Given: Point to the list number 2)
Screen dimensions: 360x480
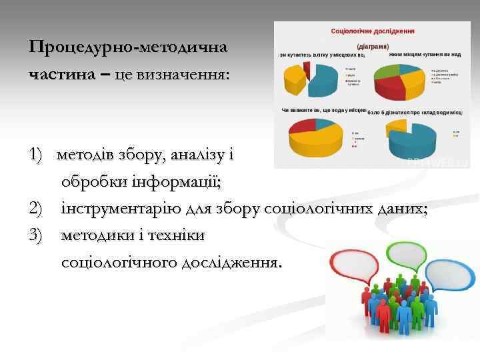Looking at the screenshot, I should pyautogui.click(x=39, y=209).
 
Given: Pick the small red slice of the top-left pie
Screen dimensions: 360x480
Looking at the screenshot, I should pyautogui.click(x=307, y=67).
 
